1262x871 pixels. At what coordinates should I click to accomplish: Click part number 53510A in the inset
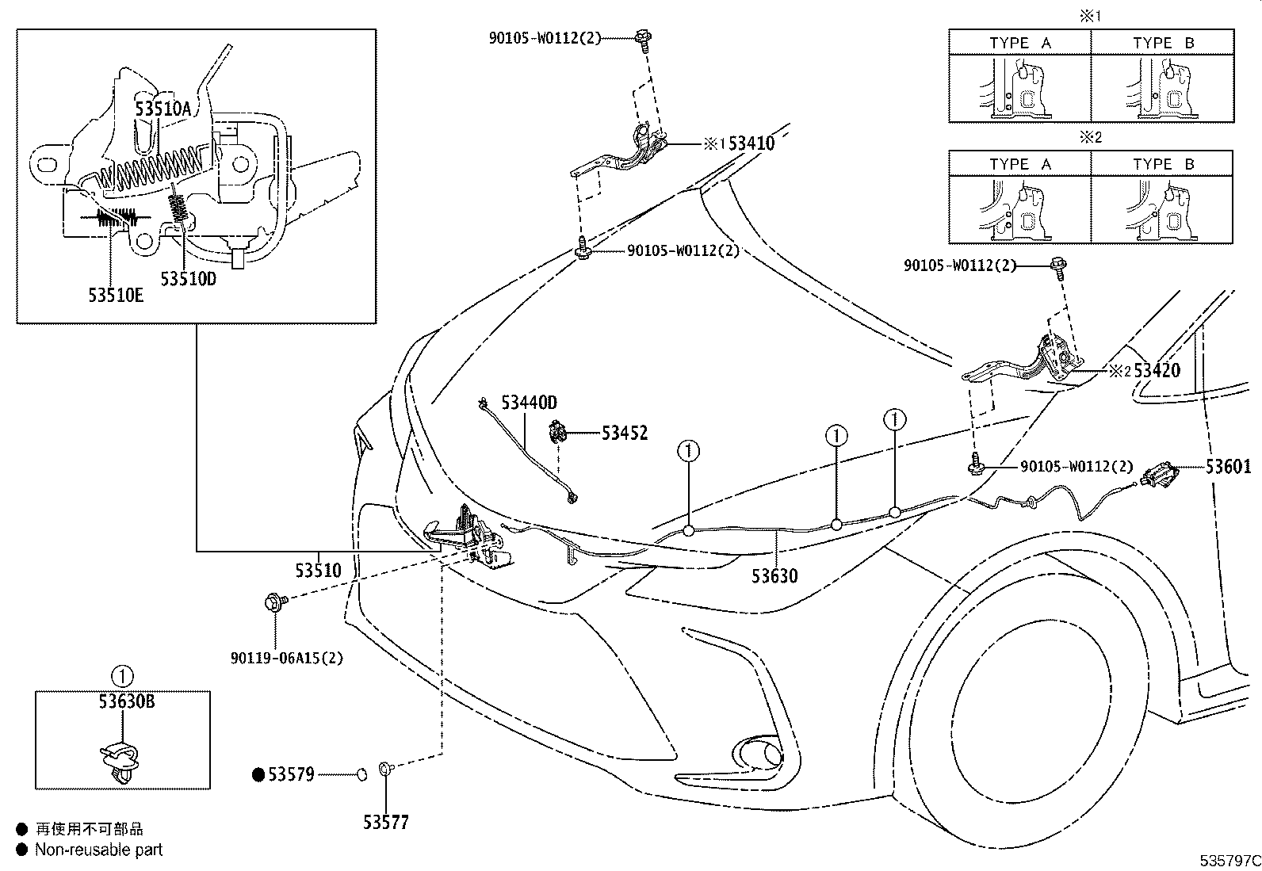point(163,109)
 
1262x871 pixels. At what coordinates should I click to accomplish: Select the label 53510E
point(116,296)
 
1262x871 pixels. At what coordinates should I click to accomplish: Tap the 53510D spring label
point(188,280)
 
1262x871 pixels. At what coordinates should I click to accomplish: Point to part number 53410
point(751,143)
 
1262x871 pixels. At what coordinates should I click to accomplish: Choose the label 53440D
point(530,403)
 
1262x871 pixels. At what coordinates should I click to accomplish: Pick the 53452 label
point(624,433)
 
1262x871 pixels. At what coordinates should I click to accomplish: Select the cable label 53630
point(774,576)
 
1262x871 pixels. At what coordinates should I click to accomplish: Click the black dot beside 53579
point(258,774)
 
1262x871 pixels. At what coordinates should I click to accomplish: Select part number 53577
point(386,823)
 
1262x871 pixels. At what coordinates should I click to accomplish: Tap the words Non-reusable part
point(98,850)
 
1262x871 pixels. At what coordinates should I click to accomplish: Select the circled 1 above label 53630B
point(122,677)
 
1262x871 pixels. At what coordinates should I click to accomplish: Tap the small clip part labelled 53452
point(558,434)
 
